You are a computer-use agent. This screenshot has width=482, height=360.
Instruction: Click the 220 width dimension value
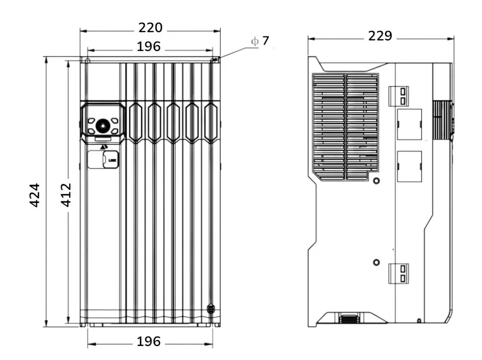(150, 28)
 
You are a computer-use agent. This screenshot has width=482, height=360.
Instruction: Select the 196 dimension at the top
(148, 47)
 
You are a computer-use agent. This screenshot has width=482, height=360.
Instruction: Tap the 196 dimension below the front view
(148, 341)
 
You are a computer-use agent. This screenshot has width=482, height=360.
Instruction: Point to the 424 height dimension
(34, 195)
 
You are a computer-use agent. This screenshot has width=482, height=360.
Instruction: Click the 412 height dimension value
(65, 195)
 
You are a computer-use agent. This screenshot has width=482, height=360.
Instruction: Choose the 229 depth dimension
(380, 36)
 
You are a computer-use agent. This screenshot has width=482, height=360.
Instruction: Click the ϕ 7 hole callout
(260, 41)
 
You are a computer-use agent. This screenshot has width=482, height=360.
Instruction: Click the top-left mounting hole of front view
(87, 60)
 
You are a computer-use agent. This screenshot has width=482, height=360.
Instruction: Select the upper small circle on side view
(376, 180)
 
